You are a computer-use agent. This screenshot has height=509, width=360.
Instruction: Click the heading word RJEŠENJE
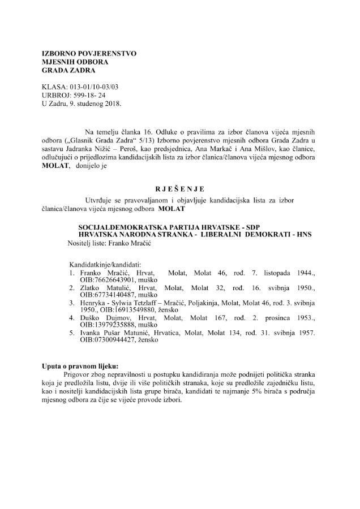(179, 189)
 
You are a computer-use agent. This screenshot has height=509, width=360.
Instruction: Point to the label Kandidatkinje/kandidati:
(105, 264)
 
